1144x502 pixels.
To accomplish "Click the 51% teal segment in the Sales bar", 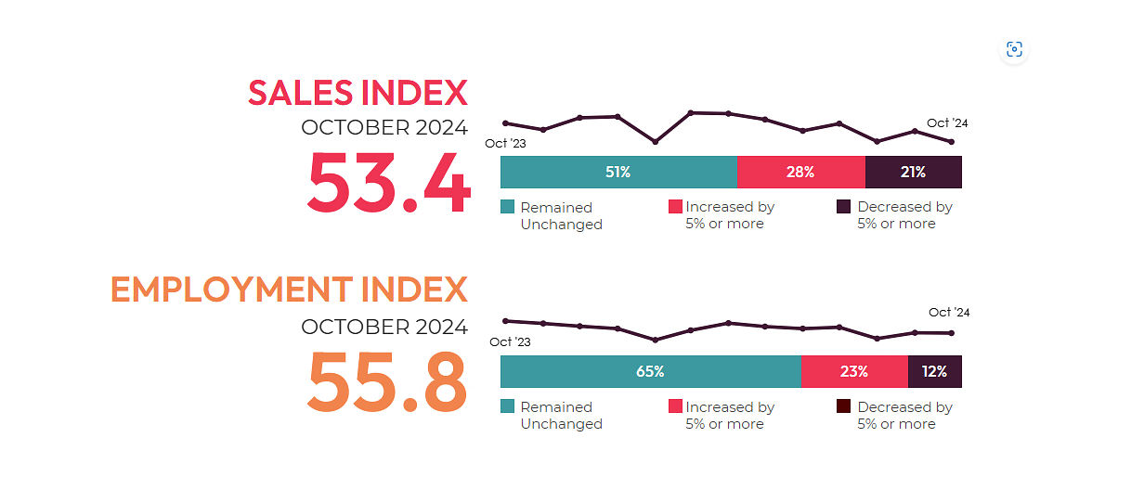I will coord(618,173).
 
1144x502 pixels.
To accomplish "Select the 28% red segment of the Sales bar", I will coord(800,173).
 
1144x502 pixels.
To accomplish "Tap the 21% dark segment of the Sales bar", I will coord(913,173).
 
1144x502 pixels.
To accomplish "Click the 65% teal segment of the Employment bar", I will coord(650,372).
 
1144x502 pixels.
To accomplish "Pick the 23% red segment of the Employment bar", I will coord(854,372).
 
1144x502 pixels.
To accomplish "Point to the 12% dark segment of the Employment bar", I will coord(934,372).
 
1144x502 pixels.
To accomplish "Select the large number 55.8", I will coord(388,382).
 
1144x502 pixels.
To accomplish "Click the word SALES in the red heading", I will coord(300,93).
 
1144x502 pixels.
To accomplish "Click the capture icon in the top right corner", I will coord(1014,50).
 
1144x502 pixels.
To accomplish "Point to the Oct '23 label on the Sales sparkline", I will coord(505,144).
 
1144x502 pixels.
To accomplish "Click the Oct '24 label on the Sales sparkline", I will coord(947,123).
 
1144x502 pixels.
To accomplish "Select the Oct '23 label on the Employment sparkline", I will coord(510,342).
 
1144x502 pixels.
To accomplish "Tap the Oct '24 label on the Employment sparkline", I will coord(949,313).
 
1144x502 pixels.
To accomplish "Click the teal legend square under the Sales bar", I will coord(507,207).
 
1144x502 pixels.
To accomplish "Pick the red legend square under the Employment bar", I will coord(675,406).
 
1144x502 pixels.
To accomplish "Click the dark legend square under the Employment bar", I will coord(843,406).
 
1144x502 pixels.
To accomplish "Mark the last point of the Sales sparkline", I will coord(951,142).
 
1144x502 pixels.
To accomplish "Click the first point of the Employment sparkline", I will coord(505,321).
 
